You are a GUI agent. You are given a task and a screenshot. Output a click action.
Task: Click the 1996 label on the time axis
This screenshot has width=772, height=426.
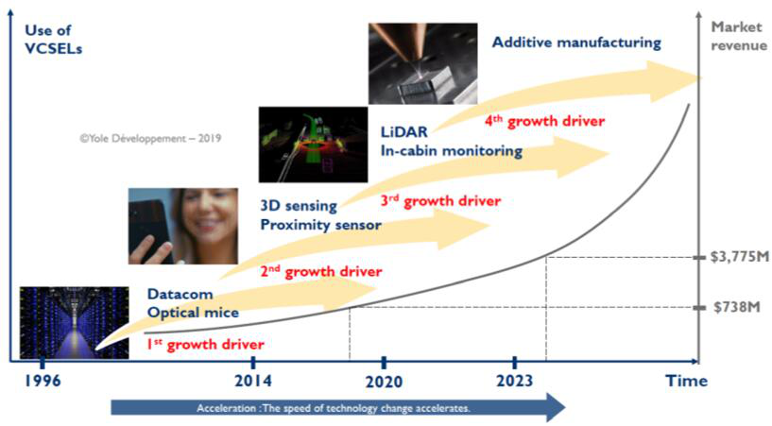[x=43, y=381]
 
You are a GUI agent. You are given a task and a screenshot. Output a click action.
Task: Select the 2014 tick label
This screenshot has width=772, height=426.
[x=252, y=381]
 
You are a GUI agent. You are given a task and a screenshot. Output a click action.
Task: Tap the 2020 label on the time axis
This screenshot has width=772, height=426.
[x=384, y=382]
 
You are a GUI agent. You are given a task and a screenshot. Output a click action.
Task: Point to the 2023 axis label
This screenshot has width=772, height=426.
[x=514, y=381]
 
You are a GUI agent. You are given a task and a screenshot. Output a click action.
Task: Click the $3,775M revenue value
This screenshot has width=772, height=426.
[x=739, y=257]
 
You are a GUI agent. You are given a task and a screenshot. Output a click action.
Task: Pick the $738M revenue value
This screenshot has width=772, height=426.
[x=736, y=307]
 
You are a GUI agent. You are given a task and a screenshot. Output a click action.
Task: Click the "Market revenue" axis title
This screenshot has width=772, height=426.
[x=739, y=37]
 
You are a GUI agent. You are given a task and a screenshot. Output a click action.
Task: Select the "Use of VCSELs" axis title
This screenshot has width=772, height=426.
[x=53, y=40]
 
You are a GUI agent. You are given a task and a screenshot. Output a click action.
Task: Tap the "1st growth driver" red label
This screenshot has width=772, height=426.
[x=205, y=345]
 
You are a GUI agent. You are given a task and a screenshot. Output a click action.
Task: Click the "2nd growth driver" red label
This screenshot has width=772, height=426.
[x=321, y=271]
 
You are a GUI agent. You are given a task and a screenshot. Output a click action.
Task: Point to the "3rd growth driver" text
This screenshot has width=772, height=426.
[x=440, y=200]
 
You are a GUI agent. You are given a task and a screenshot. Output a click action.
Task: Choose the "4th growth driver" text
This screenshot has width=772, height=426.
[x=544, y=121]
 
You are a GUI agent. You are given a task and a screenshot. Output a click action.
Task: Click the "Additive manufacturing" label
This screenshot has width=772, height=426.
[x=576, y=43]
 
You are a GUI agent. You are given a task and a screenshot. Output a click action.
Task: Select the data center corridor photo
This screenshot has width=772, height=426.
[x=75, y=323]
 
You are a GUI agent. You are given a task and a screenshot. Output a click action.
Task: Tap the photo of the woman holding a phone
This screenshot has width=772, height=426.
[x=183, y=227]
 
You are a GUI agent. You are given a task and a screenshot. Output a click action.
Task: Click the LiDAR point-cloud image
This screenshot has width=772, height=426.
[x=313, y=145]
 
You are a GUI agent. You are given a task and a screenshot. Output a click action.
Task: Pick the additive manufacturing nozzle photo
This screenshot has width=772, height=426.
[x=423, y=63]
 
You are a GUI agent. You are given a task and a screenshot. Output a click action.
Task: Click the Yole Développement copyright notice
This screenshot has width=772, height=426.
[x=150, y=138]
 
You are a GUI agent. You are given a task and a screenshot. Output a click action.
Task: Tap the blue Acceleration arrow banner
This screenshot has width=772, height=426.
[x=338, y=408]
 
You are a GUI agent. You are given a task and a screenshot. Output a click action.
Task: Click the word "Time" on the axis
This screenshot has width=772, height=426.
[x=686, y=381]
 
